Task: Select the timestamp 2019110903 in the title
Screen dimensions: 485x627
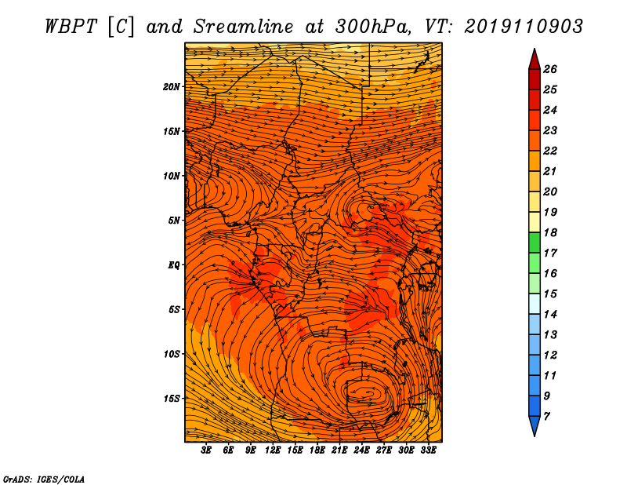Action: tap(524, 25)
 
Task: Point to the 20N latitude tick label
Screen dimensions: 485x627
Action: tap(172, 86)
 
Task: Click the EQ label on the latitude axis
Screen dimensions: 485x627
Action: tap(174, 265)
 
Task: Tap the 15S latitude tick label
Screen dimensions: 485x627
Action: tap(172, 399)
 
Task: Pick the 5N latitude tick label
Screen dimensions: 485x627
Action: tap(174, 221)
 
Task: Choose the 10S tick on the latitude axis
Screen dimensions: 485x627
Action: tap(172, 354)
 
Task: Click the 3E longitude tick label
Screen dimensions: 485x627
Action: tap(207, 450)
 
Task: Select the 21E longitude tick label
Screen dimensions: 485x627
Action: tap(339, 450)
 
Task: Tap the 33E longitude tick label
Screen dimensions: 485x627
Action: tap(428, 450)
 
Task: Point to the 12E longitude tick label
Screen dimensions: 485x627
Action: tap(273, 450)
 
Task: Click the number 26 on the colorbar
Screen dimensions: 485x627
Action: tap(549, 69)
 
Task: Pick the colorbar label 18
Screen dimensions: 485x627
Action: tap(549, 232)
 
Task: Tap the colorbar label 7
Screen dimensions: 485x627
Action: tap(546, 416)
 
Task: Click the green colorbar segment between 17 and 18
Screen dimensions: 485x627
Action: tap(534, 242)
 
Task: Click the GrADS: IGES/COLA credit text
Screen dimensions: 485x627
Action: tap(44, 478)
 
